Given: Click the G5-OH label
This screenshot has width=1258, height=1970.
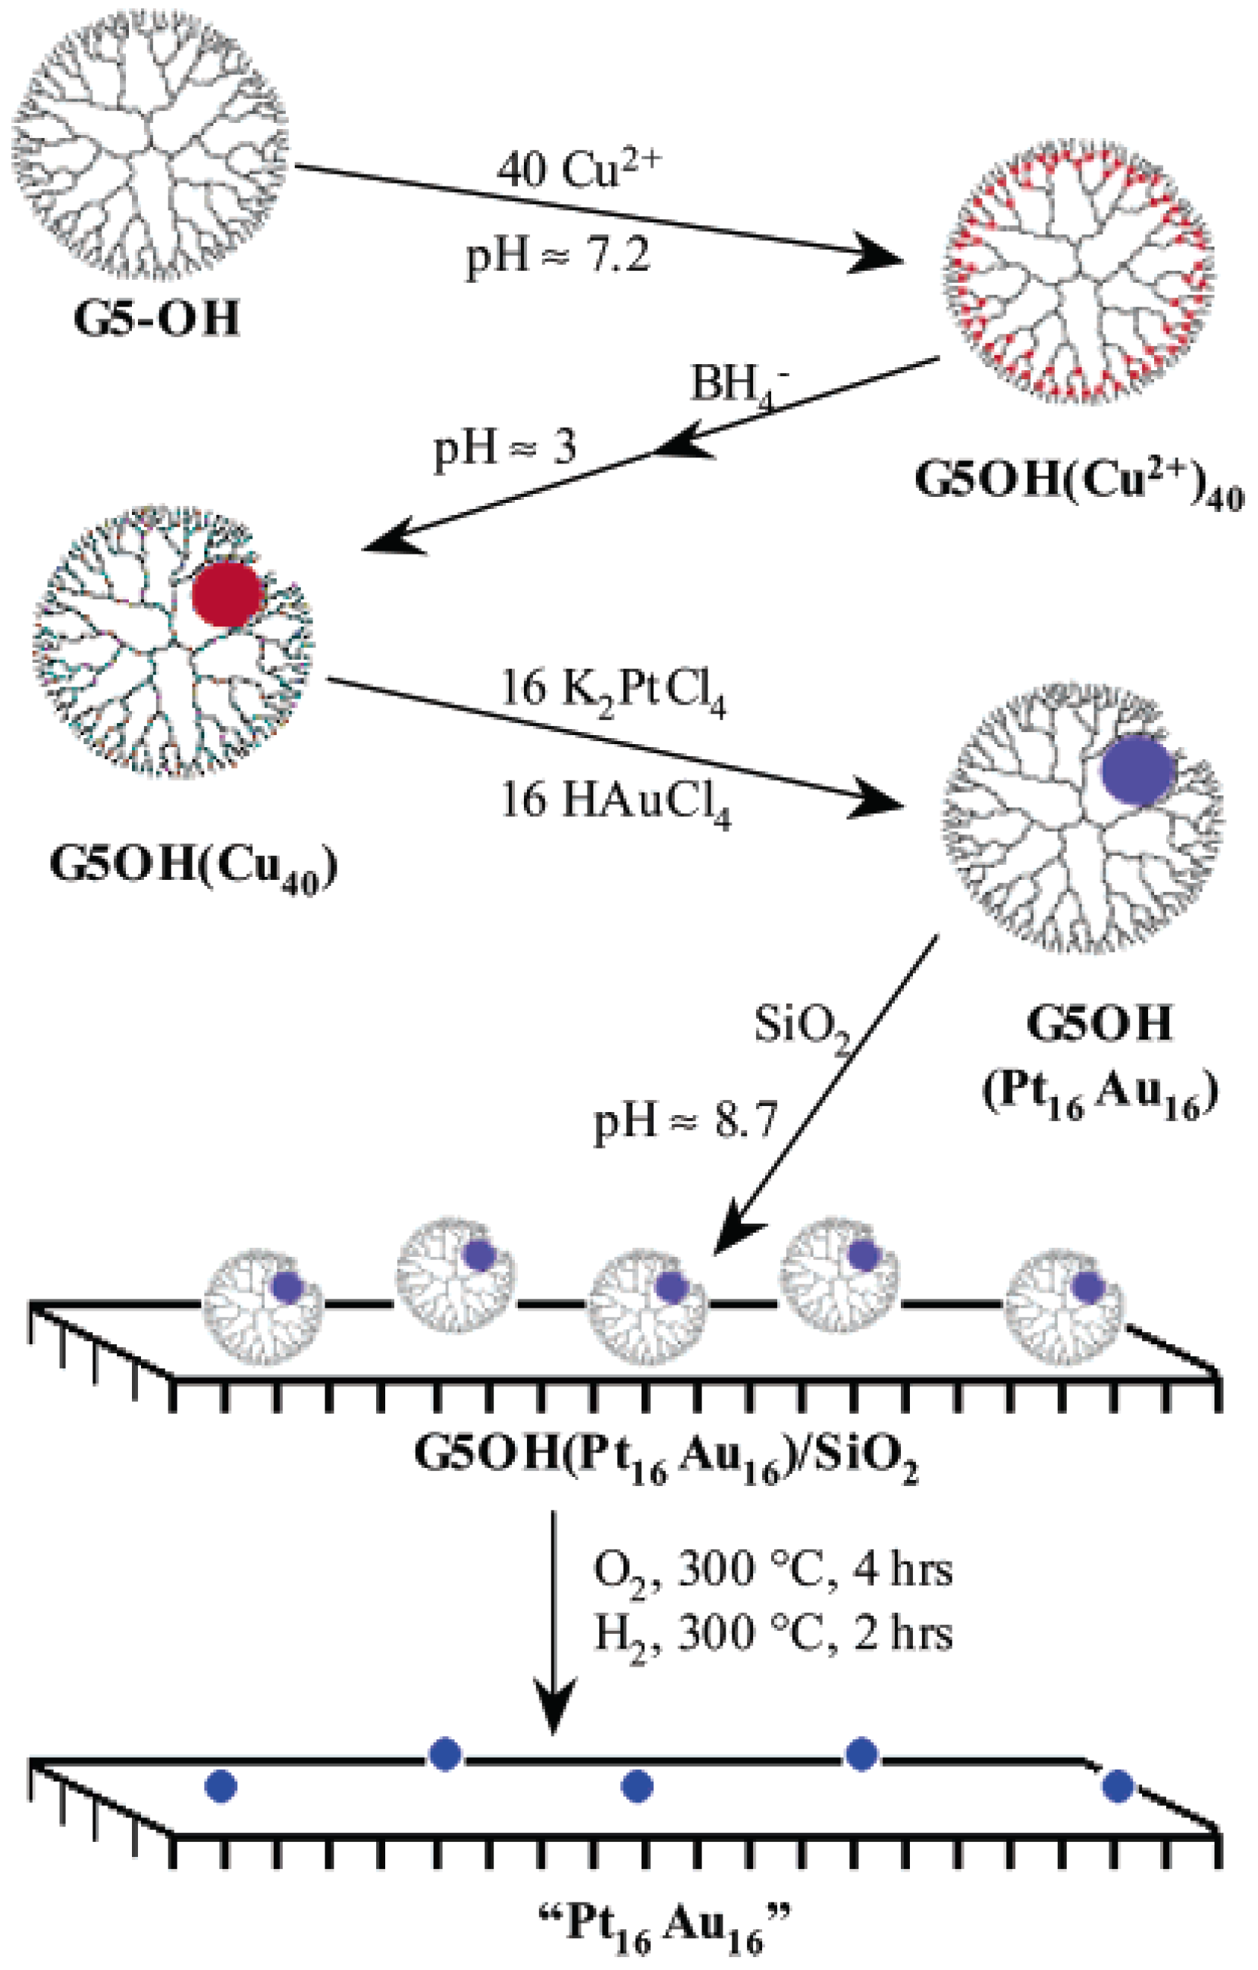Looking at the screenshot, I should click(156, 319).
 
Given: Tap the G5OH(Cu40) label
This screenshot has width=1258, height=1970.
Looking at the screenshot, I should click(194, 866).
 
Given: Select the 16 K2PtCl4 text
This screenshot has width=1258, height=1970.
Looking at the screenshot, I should click(613, 691).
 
